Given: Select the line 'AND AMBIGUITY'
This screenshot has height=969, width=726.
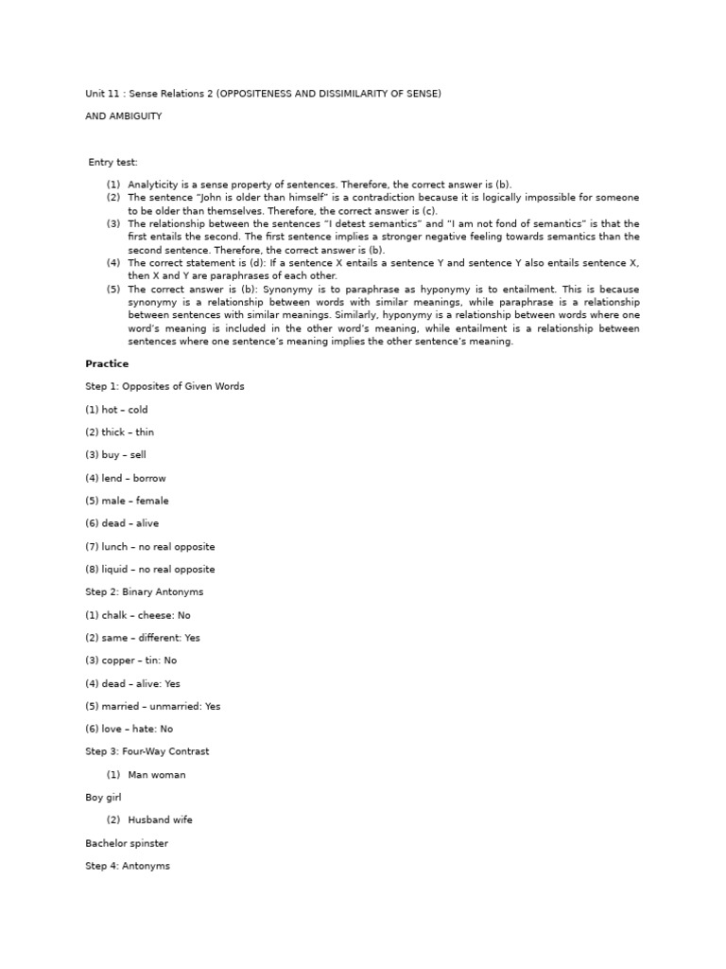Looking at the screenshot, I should [x=123, y=116].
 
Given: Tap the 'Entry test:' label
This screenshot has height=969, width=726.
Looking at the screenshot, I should [x=112, y=163].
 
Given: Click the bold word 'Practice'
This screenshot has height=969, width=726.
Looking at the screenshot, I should [x=107, y=363].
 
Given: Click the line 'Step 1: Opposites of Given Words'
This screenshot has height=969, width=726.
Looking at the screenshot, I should [x=164, y=386].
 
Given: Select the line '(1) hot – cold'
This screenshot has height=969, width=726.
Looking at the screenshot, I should [x=116, y=410].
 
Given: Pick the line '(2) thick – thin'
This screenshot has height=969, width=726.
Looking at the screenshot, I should [x=119, y=432].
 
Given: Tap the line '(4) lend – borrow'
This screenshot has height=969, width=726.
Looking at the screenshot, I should [x=125, y=478].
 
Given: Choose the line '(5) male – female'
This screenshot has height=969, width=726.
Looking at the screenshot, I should [x=127, y=501].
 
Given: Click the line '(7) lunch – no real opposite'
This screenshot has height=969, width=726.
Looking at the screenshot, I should [x=149, y=547].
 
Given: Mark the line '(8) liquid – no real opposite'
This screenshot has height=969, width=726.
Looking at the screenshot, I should [x=149, y=570].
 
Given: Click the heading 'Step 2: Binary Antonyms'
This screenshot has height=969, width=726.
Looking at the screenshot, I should [x=144, y=592].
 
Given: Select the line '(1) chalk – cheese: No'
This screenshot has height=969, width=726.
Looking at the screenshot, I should [x=137, y=615].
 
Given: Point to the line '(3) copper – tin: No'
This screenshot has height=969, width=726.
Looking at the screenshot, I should [x=130, y=661].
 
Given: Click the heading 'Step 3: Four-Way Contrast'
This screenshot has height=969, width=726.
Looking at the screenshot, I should [x=147, y=751].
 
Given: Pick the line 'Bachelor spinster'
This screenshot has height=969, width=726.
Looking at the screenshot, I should [x=127, y=843].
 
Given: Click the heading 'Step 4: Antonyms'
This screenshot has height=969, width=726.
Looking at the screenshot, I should [x=128, y=866].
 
